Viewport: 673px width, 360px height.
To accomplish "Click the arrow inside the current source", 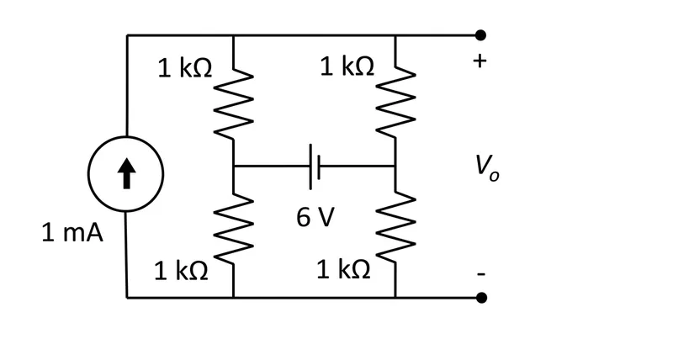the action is coord(126,173).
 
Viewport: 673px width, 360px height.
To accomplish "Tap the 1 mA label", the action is coord(72,233).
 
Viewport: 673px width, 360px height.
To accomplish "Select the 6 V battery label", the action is coord(315,217).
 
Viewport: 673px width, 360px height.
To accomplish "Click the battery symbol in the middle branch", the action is coord(315,167).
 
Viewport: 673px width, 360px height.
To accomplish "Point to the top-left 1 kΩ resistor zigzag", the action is coord(233,103).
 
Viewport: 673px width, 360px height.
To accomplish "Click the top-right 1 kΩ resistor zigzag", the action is coord(395,103).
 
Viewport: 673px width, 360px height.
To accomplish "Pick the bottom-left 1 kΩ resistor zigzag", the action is coord(233,228).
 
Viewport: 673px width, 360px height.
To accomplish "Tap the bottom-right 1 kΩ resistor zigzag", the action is coord(395,228).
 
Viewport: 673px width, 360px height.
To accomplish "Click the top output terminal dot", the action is coord(480,35).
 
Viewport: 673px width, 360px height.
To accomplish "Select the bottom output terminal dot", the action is coord(481,297).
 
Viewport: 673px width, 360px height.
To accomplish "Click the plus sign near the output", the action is coord(480,61).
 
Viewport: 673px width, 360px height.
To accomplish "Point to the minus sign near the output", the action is coord(481,273).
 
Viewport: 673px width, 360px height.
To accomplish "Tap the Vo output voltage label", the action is coord(487,168).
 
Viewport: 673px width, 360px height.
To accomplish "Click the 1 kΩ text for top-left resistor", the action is coord(184,68).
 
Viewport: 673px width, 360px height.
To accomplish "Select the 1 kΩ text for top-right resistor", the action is coord(347,66).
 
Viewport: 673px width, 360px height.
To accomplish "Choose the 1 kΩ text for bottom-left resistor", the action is coord(181,271).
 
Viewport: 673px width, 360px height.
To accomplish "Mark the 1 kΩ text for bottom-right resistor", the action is coord(343,270).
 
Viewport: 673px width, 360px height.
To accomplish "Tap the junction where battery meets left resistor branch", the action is coord(233,166).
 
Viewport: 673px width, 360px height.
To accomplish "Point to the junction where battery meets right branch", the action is coord(395,166).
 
